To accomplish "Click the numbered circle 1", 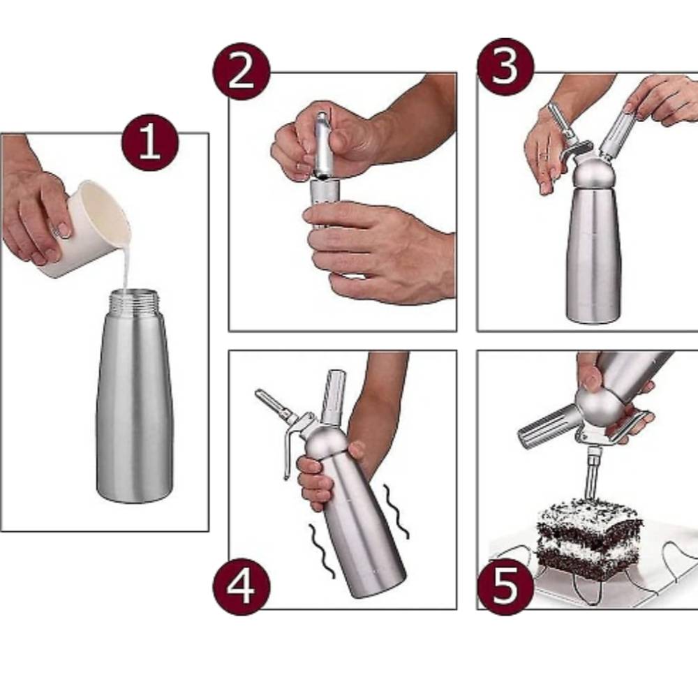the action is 150,143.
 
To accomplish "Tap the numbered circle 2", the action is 242,71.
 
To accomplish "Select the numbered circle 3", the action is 505,67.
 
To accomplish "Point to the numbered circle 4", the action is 242,586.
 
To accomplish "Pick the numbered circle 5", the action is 505,586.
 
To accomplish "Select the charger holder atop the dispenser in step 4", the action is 334,396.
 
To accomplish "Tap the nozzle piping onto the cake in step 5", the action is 593,473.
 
